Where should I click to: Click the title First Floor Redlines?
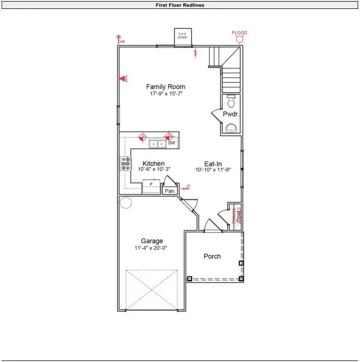tap(179, 5)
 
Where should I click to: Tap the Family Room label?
tap(165, 87)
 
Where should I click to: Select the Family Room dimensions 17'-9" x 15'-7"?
tap(165, 94)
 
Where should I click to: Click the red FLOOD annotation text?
tap(239, 33)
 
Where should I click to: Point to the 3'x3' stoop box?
tap(182, 37)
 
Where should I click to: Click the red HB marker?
tap(122, 41)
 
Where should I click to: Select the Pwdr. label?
tap(231, 114)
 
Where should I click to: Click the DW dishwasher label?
tap(171, 143)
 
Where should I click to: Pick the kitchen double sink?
tap(157, 143)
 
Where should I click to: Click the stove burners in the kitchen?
tap(126, 164)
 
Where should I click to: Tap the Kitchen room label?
tap(153, 164)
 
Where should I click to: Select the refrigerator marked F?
tap(151, 185)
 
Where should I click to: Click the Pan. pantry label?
tap(170, 191)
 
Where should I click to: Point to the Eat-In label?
tap(213, 164)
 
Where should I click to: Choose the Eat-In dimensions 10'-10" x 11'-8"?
tap(213, 170)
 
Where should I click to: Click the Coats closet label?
tap(238, 215)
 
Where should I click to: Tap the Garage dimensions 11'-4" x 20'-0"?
tap(152, 248)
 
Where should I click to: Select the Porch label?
tap(212, 256)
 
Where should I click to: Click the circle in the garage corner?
tap(126, 203)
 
